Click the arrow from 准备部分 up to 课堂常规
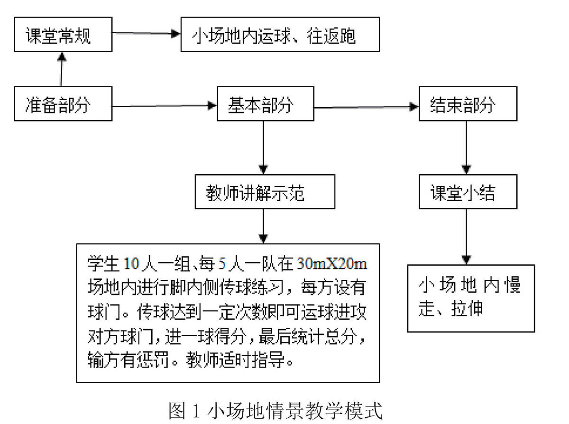coord(61,69)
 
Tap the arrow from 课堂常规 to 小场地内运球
coord(147,33)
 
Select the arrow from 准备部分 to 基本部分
coord(165,106)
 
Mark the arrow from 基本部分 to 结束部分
coord(367,107)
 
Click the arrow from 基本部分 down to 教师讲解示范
coord(264,148)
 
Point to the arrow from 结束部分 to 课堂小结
coord(467,148)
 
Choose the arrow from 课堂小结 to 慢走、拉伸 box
coord(467,237)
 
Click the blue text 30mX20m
coord(332,264)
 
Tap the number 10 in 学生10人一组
coord(131,264)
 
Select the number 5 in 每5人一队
coord(222,264)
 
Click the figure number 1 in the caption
coord(196,411)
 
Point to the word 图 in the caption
coord(177,411)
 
